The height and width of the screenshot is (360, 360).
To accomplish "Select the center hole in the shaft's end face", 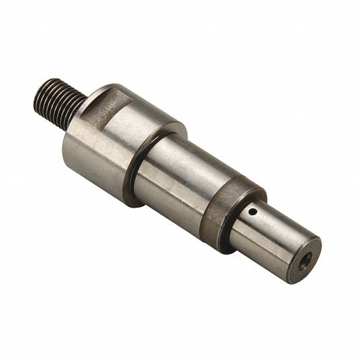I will (x=306, y=256).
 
